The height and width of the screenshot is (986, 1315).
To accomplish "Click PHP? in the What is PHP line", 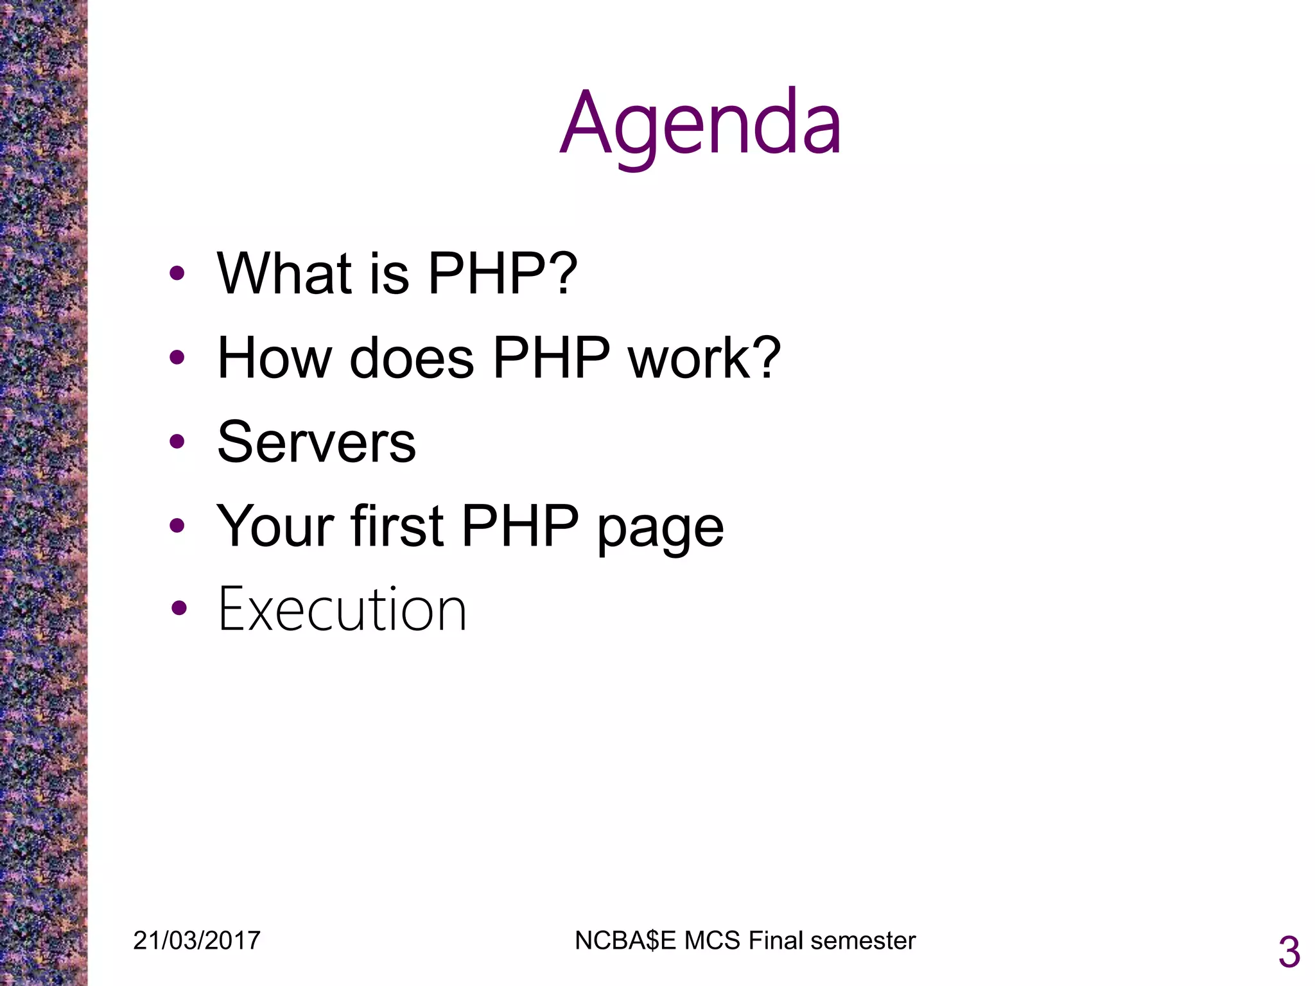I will point(503,274).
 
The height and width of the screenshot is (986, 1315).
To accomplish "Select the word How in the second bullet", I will point(274,358).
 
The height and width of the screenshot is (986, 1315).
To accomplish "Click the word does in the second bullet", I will point(412,358).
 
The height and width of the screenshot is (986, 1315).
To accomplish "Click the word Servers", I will point(317,442).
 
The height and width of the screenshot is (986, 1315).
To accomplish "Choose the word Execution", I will point(342,610).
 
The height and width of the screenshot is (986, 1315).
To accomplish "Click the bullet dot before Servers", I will point(177,442).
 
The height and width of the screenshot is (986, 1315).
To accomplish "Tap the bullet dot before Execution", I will point(179,608).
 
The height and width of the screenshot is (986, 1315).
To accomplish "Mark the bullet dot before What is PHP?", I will point(177,274).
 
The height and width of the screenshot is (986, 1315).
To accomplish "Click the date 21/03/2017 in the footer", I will point(196,940).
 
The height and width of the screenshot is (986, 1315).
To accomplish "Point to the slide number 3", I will point(1289,953).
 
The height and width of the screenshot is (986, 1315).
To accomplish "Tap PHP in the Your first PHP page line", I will point(520,526).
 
